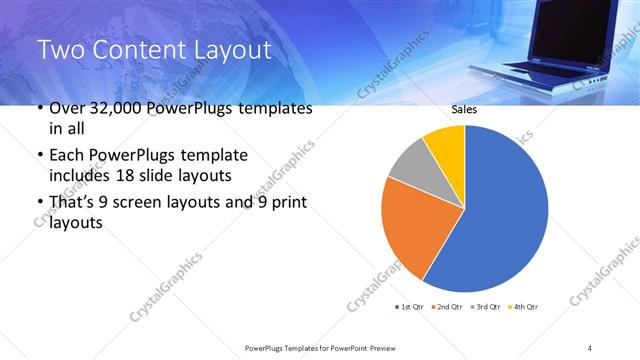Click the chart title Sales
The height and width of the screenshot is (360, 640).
[464, 110]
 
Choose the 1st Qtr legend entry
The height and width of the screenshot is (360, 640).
[410, 306]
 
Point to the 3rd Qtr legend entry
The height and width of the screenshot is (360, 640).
[487, 306]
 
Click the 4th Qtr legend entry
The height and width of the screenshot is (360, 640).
[524, 306]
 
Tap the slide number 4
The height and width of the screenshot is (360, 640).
[591, 347]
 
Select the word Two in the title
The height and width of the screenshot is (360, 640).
[60, 50]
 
